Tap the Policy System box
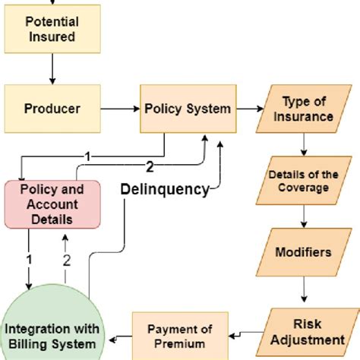pyautogui.click(x=187, y=108)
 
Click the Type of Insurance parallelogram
pyautogui.click(x=308, y=109)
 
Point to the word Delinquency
pyautogui.click(x=165, y=189)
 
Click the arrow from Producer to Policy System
pyautogui.click(x=119, y=108)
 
